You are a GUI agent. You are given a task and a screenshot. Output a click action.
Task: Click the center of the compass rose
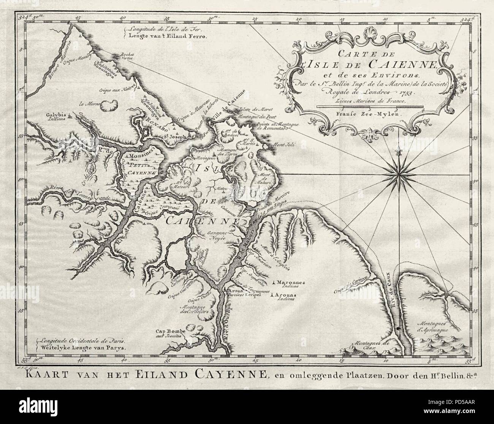pos(398,173)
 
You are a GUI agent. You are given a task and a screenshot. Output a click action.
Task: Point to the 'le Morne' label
pos(87,103)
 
